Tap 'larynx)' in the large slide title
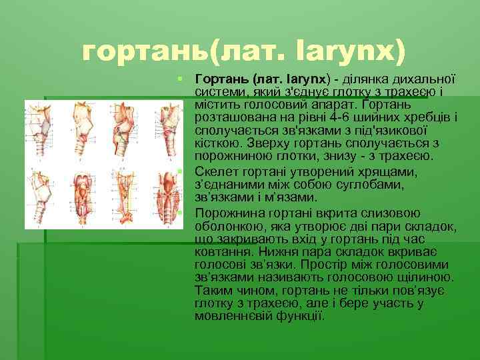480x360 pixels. click(351, 50)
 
